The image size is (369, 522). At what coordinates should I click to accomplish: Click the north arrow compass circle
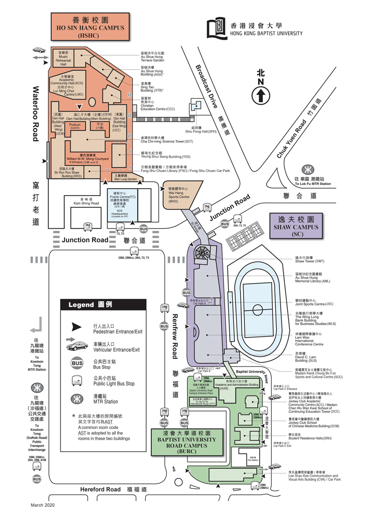point(260,95)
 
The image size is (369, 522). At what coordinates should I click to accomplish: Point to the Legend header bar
point(103,305)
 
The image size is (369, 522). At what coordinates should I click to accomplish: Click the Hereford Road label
point(101,489)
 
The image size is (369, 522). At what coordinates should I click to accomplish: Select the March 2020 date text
point(43,505)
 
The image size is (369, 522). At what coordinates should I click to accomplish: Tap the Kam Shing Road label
point(87,201)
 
